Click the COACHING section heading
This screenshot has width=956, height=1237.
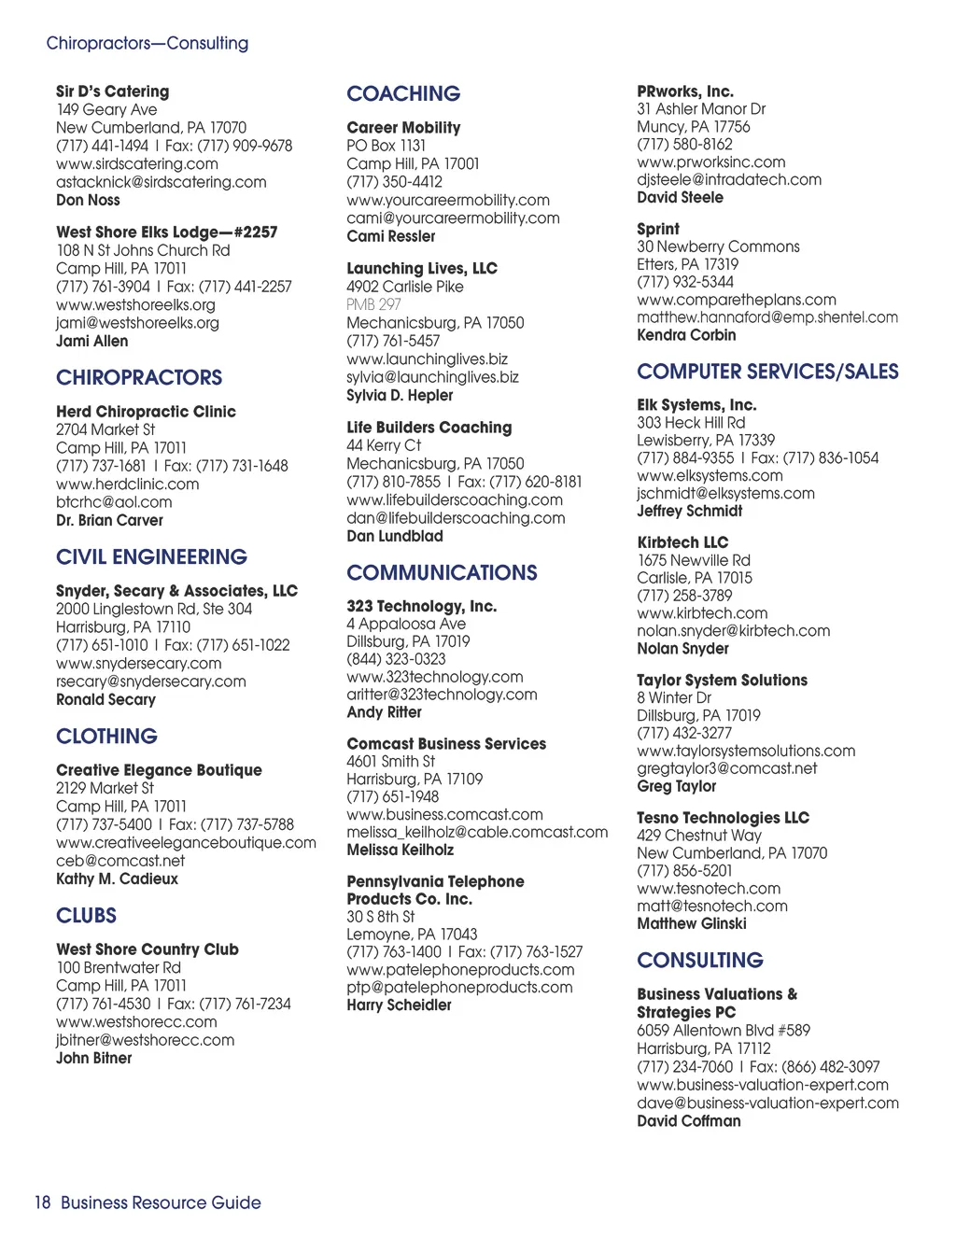tap(403, 93)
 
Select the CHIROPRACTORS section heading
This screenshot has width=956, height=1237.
tap(139, 377)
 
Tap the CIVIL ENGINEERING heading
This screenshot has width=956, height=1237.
tap(151, 556)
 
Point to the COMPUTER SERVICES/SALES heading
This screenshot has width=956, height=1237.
tap(767, 372)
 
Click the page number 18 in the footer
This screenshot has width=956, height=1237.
tap(42, 1202)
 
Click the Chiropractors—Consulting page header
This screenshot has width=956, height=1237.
tap(148, 43)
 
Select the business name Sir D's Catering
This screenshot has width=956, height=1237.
tap(112, 91)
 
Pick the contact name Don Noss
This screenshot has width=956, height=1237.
tap(88, 200)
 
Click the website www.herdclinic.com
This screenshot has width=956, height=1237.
tap(127, 484)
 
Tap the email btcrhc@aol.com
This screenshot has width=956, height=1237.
tap(114, 501)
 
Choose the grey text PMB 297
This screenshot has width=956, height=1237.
tap(373, 304)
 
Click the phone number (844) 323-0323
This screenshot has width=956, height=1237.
tap(396, 659)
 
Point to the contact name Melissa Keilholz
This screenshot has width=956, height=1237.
tap(400, 850)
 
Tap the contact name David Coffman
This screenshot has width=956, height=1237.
tap(688, 1120)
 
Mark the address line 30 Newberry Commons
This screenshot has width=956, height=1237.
tap(718, 246)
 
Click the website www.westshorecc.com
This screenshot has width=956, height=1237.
tap(136, 1021)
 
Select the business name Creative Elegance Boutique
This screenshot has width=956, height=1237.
tap(159, 770)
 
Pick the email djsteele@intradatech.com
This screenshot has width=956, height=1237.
tap(729, 179)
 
